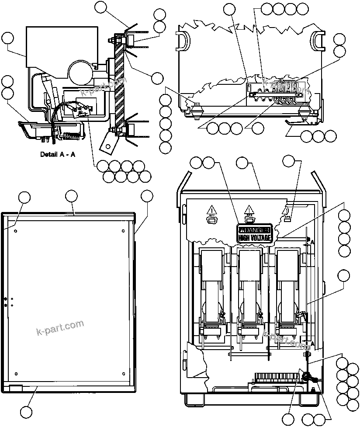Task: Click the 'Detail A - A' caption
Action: pos(58,154)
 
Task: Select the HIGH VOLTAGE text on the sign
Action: pos(254,237)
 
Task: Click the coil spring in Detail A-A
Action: pos(71,137)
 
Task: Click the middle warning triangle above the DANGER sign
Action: pos(249,210)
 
